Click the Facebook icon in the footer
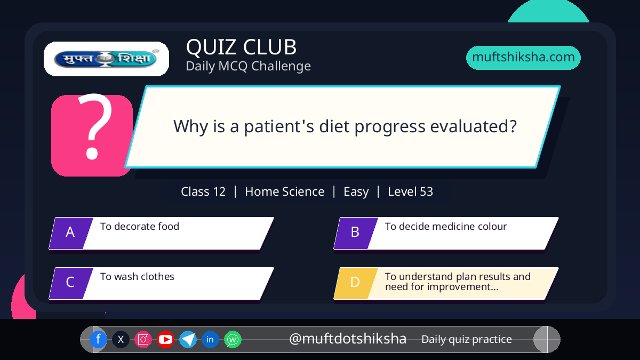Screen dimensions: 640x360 click(x=98, y=339)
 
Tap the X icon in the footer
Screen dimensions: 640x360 click(x=121, y=339)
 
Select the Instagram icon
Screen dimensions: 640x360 click(x=143, y=339)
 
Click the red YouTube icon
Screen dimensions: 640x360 click(x=165, y=339)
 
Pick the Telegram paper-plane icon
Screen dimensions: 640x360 click(x=188, y=339)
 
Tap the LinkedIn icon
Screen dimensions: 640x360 click(x=210, y=339)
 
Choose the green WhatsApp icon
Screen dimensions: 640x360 click(x=233, y=339)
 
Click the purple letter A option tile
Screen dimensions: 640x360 click(x=71, y=233)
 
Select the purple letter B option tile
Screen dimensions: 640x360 click(x=356, y=233)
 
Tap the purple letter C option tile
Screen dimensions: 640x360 click(x=71, y=283)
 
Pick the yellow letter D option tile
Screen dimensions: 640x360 click(x=356, y=283)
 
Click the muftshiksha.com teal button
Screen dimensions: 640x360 click(x=523, y=58)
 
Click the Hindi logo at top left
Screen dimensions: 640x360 click(x=106, y=59)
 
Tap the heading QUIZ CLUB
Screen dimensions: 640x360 click(x=242, y=47)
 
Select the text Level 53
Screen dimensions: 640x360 click(x=410, y=191)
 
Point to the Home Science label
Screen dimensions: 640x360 click(x=285, y=191)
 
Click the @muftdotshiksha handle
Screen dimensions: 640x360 click(x=348, y=339)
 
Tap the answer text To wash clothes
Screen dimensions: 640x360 click(x=137, y=277)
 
